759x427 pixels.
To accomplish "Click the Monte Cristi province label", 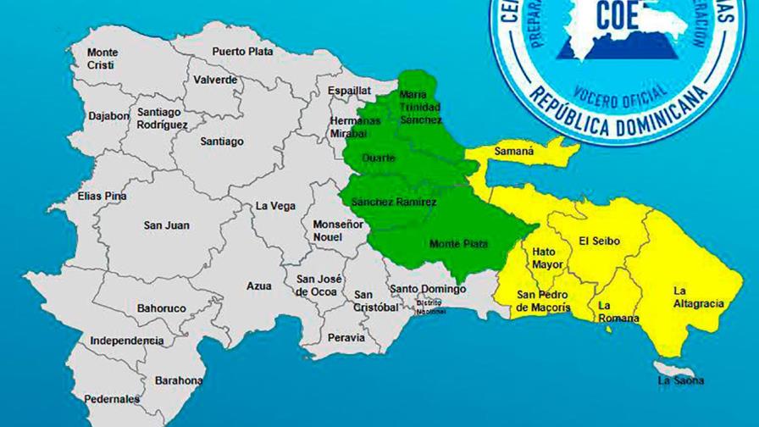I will pos(102,58).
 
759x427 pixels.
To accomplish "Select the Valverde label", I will pos(215,80).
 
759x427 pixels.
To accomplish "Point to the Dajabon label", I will pos(108,115).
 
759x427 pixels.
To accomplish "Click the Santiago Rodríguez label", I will pos(162,118).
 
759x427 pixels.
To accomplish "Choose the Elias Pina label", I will pos(102,196).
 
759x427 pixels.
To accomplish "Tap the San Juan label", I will pos(166,225).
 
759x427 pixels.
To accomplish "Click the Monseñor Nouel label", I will pos(339,230).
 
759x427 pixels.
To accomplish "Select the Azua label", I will pos(259,286).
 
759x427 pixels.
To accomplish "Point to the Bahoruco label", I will pos(161,308).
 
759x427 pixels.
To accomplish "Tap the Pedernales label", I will pos(112,399).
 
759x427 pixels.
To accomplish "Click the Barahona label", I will pos(179,380).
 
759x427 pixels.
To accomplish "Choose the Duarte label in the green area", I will pos(378,158).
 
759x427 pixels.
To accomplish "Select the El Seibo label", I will pos(599,241).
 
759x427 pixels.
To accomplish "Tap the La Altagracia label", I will pos(698,297).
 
